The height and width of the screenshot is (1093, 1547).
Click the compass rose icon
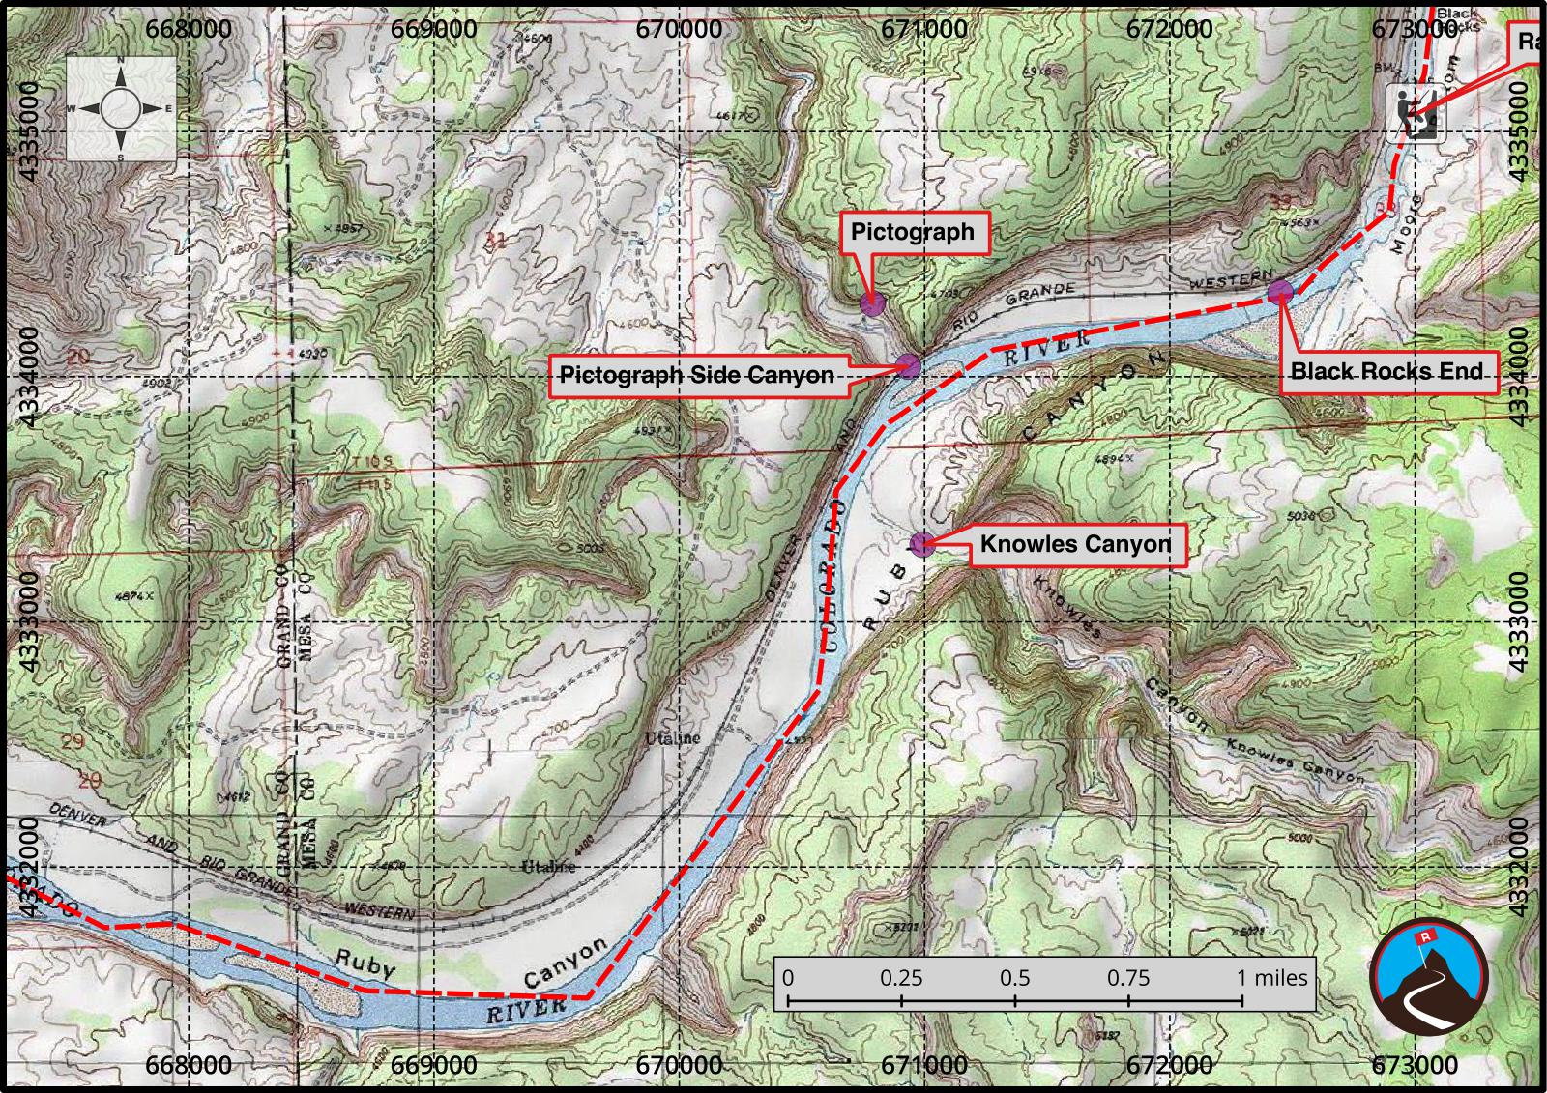(x=121, y=108)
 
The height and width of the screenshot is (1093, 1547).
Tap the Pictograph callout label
(x=913, y=233)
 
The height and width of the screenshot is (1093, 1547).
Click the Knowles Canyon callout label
(x=1075, y=544)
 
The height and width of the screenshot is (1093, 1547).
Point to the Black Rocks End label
(x=1386, y=371)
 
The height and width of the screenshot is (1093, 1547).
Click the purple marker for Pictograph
(x=871, y=304)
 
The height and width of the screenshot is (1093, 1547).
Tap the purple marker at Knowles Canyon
(x=921, y=544)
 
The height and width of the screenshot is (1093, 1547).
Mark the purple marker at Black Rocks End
(x=1280, y=290)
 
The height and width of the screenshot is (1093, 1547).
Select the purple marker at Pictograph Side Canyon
(x=907, y=365)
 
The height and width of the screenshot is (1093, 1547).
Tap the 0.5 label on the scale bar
(x=1015, y=977)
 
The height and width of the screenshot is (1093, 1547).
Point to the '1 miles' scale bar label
(x=1271, y=977)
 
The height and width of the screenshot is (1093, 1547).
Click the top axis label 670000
(x=680, y=28)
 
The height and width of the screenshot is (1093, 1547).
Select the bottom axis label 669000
(x=434, y=1065)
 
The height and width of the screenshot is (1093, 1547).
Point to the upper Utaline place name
(x=672, y=738)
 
